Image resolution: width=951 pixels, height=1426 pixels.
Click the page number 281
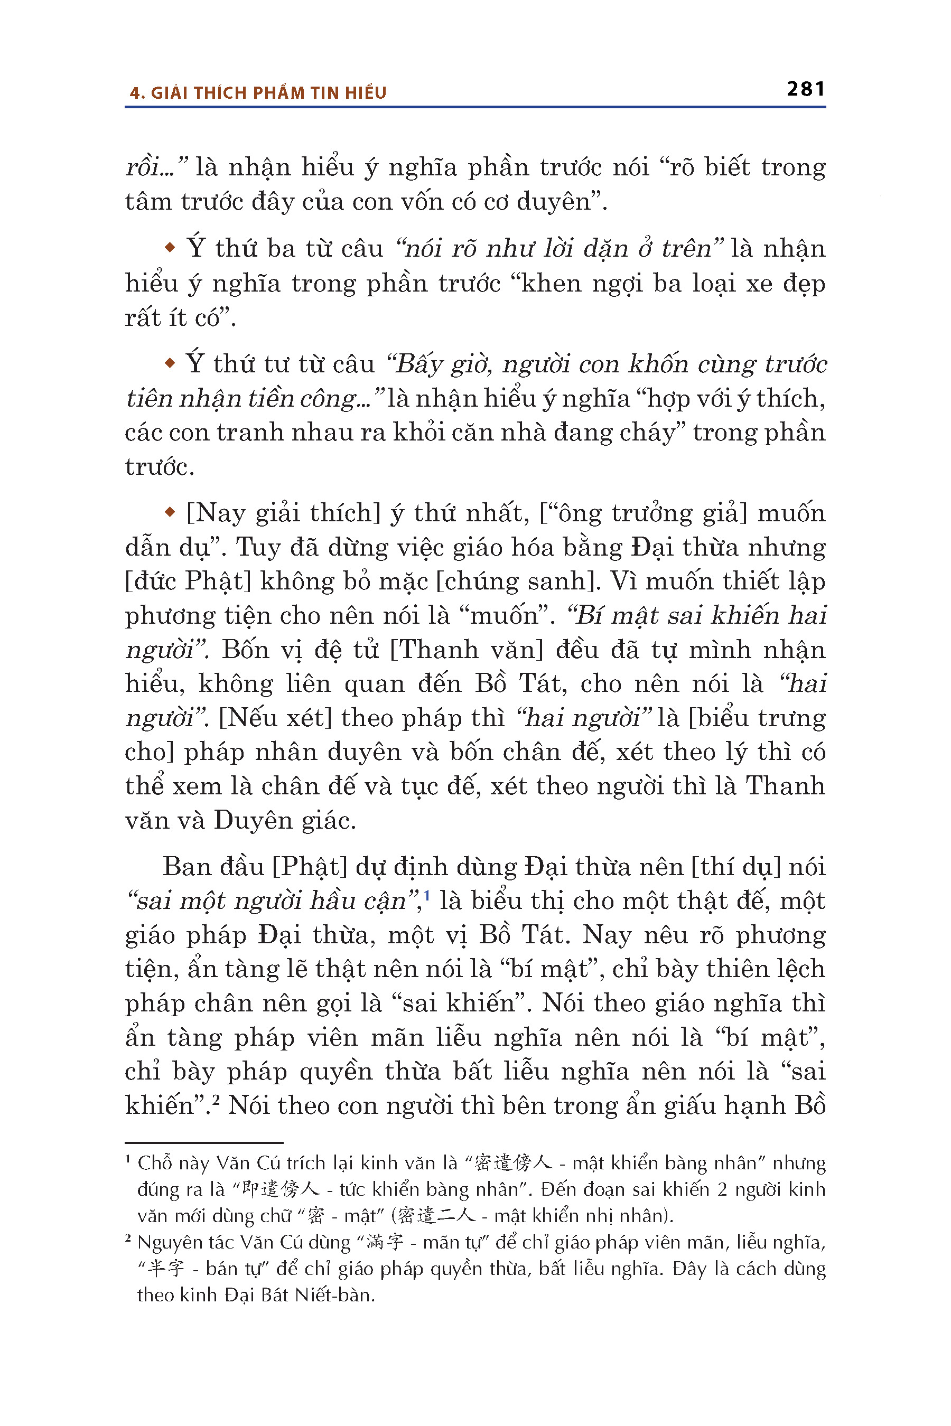[x=805, y=89]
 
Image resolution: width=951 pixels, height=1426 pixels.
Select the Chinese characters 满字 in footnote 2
[x=385, y=1242]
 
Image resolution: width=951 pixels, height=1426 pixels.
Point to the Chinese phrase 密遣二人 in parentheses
[x=437, y=1215]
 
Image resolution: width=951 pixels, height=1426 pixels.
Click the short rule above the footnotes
[x=204, y=1143]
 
